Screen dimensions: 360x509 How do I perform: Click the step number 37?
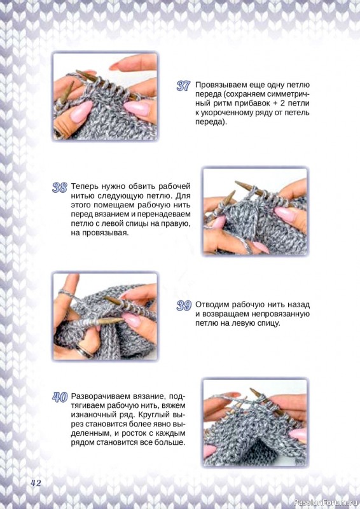coord(183,86)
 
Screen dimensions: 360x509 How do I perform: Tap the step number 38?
coord(59,188)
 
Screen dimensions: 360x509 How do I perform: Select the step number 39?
coord(184,305)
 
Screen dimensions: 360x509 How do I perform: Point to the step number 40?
coord(60,397)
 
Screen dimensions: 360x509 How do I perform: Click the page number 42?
coord(36,483)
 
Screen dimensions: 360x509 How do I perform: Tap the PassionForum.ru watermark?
coord(326,503)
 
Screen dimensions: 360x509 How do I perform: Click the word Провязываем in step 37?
coord(221,85)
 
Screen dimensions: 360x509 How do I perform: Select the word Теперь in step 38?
coord(82,186)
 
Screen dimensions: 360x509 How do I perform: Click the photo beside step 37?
coord(105,97)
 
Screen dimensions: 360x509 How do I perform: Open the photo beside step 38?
coord(255,211)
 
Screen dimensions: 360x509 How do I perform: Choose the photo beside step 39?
coord(105,316)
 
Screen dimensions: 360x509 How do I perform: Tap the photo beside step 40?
coord(255,422)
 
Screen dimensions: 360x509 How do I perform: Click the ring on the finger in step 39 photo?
coord(83,351)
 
